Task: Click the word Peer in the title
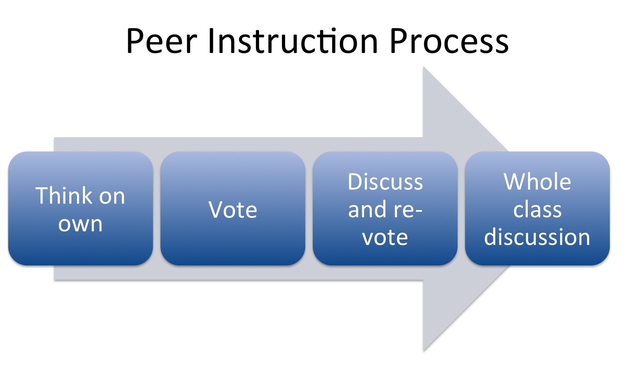point(162,40)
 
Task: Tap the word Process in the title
point(449,40)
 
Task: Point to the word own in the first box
point(80,224)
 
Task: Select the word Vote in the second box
point(233,210)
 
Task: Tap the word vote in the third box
point(385,237)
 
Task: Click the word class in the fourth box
point(537,209)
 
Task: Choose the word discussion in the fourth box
point(537,237)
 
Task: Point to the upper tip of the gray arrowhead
point(423,67)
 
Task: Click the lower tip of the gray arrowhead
point(423,351)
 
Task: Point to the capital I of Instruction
point(211,40)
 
